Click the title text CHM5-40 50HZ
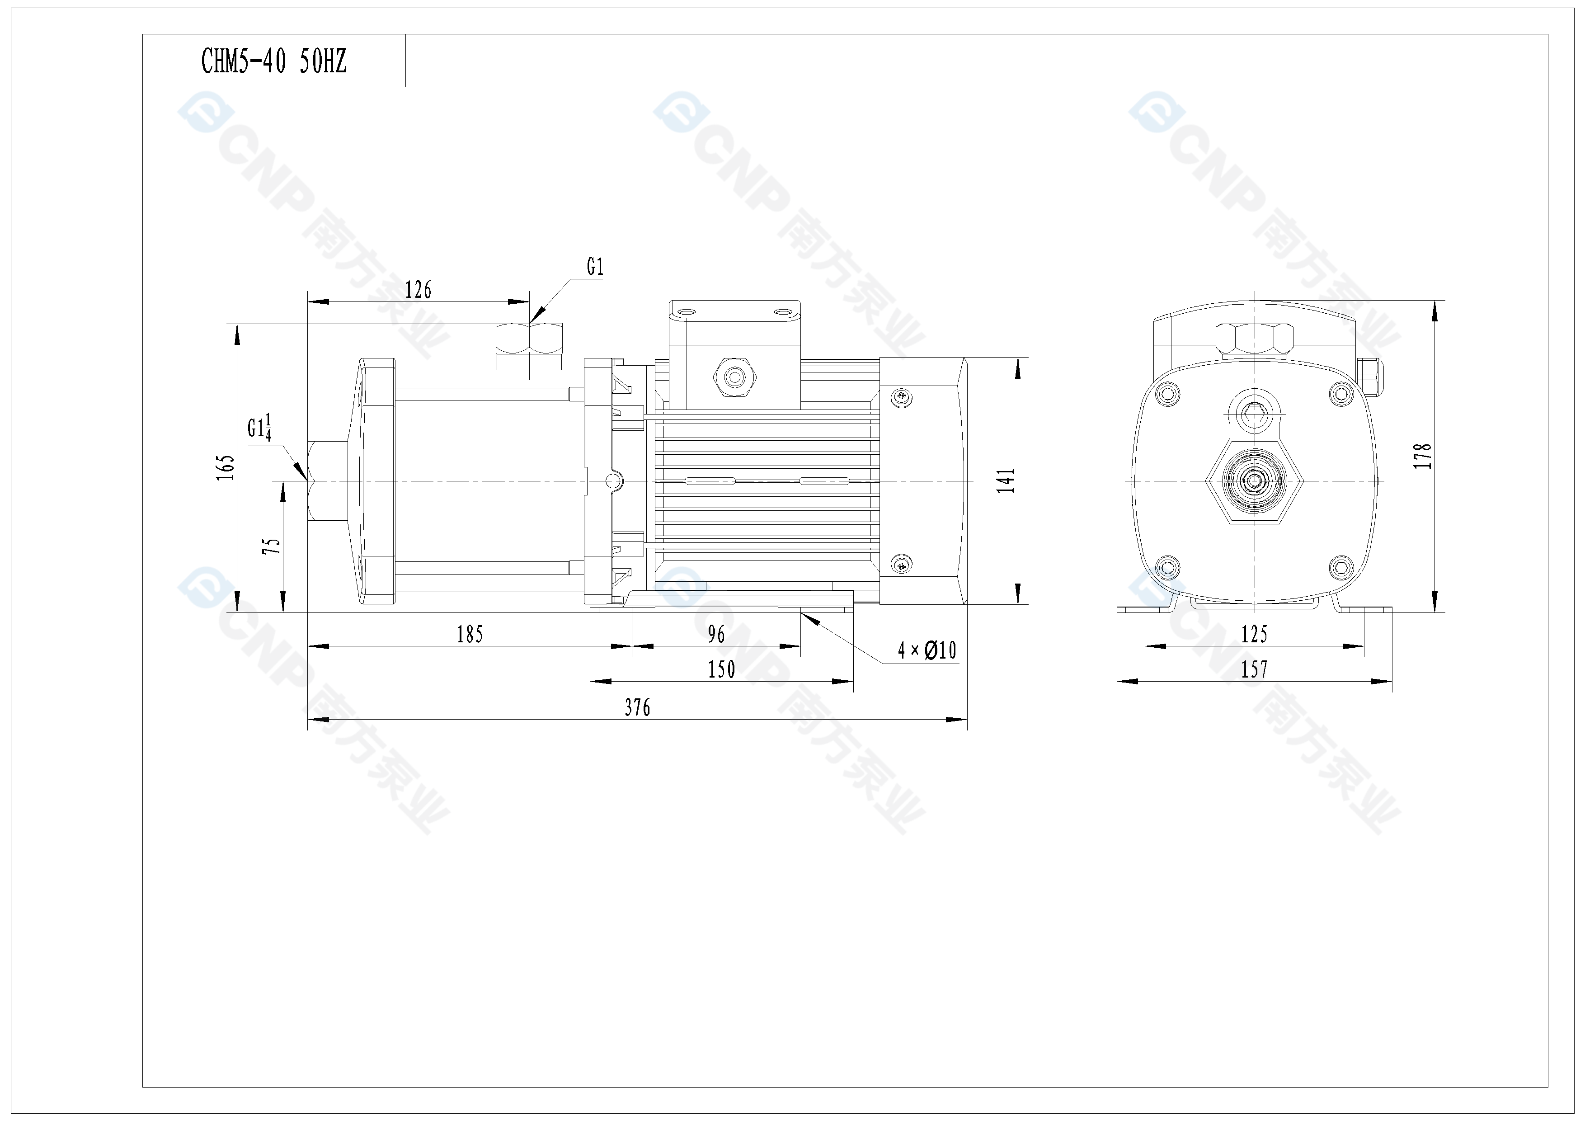[x=273, y=61]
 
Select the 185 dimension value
[x=470, y=634]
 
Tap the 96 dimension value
[x=716, y=634]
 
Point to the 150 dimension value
[x=721, y=669]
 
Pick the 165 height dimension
[x=226, y=467]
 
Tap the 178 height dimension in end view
[x=1422, y=456]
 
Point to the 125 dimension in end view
[x=1254, y=634]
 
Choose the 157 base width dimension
[x=1254, y=669]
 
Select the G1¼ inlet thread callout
[x=259, y=427]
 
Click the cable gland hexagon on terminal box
[x=734, y=377]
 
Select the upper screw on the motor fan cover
[x=902, y=396]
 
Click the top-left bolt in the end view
[x=1166, y=394]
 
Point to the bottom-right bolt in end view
[x=1340, y=568]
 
